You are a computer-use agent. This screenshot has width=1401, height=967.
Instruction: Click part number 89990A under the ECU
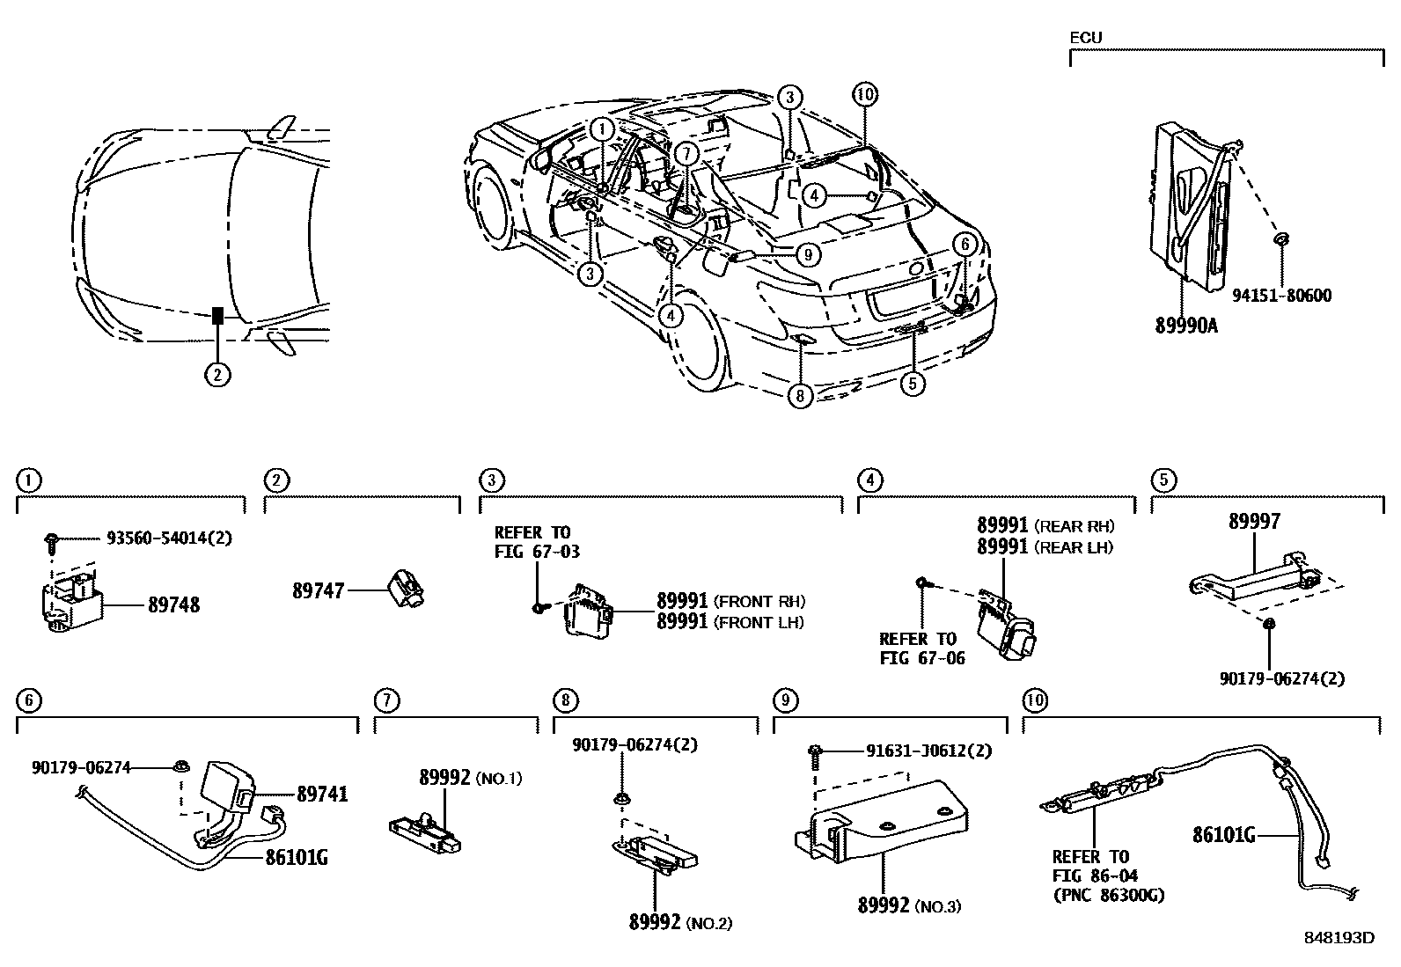tap(1186, 325)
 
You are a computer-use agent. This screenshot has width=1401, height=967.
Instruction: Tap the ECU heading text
tap(1085, 38)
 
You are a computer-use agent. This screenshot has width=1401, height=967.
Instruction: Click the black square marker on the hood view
tap(217, 316)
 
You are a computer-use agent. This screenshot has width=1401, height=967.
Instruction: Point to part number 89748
tap(173, 605)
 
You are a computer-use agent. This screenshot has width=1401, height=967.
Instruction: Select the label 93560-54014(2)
tap(169, 538)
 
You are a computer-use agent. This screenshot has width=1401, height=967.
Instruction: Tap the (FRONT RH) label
tap(760, 603)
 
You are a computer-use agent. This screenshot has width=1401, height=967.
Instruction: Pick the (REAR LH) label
tap(1074, 547)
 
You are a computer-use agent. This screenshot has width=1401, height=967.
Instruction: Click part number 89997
tap(1254, 522)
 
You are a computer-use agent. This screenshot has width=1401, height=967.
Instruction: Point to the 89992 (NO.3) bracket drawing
tap(880, 818)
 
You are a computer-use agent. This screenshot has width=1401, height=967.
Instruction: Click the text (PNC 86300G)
tap(1108, 895)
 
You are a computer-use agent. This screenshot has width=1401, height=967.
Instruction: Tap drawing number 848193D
tap(1339, 938)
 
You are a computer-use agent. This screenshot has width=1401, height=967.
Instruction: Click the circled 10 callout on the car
tap(865, 94)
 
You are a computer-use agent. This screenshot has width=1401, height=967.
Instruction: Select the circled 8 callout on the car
tap(799, 396)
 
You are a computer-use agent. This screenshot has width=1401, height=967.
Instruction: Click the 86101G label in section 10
tap(1223, 834)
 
